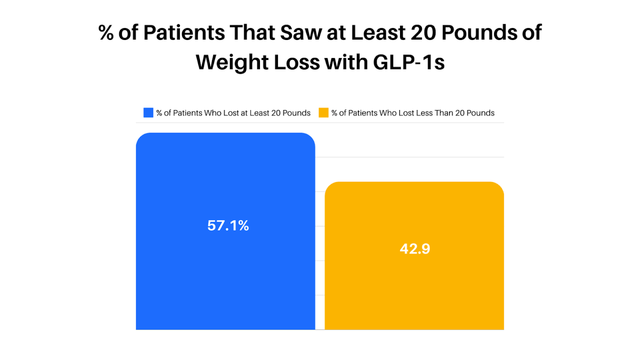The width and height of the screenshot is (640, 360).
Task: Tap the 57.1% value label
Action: pos(228,225)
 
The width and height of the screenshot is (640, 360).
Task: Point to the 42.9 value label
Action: pos(415,249)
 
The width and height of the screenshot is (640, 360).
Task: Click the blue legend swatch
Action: pos(148,113)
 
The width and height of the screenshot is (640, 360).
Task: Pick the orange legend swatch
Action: pos(323,113)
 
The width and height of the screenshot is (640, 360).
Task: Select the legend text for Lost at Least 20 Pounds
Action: pos(233,113)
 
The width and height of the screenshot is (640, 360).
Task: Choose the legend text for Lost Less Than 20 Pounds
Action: pos(412,113)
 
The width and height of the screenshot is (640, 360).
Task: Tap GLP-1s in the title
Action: pos(409,62)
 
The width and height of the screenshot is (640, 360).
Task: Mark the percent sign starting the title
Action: pos(106,32)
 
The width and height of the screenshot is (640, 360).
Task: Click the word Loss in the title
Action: pos(297,62)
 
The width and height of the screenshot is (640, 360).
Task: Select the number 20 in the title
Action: pos(423,32)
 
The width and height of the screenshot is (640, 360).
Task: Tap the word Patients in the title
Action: pos(184,32)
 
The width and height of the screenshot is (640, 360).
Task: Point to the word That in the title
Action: pos(252,32)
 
